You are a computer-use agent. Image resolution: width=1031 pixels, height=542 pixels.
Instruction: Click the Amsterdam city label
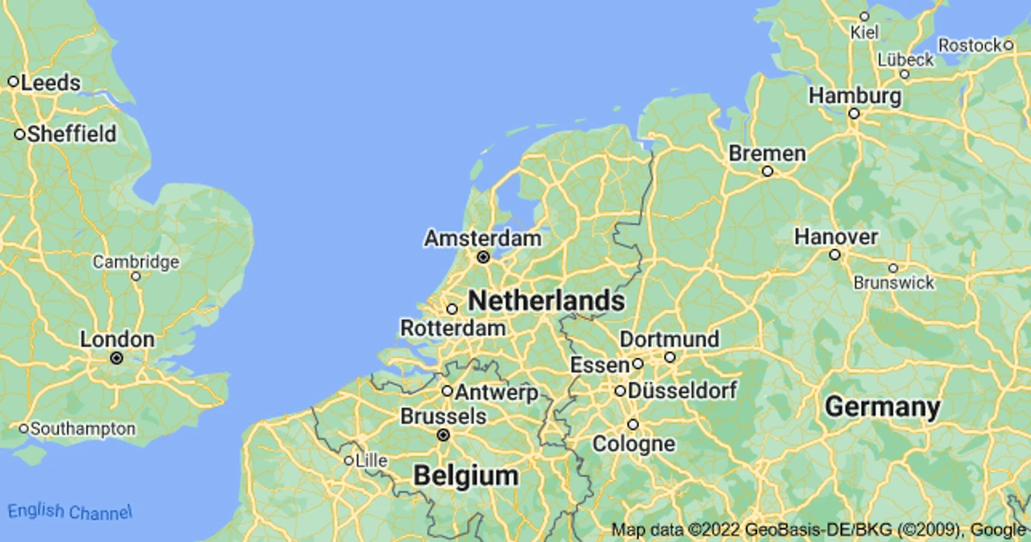point(483,238)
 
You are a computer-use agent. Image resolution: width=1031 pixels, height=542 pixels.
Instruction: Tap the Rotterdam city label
point(453,328)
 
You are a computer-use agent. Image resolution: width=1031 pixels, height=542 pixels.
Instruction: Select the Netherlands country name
point(546,300)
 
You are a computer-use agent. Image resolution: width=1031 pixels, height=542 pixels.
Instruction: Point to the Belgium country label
point(466,475)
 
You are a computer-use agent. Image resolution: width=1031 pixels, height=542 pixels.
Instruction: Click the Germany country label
point(882,407)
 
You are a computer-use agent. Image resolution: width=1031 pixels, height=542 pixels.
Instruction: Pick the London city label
point(117,339)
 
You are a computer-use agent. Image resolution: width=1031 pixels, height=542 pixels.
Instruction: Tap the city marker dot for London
point(117,358)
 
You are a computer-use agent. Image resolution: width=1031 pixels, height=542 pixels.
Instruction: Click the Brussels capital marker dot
point(443,435)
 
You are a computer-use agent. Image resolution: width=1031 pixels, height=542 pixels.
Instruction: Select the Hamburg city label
point(855,95)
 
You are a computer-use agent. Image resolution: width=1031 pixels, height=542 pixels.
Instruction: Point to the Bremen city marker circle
point(767,171)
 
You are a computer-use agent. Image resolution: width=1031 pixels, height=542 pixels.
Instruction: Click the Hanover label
point(835,236)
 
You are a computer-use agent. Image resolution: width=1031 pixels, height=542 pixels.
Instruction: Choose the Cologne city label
point(633,444)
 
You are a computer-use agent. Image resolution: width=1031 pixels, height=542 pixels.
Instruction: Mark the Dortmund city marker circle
point(669,357)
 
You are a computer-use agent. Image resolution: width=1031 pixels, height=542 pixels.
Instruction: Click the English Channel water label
point(70,511)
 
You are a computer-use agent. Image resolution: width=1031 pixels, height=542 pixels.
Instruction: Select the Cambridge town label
point(136,262)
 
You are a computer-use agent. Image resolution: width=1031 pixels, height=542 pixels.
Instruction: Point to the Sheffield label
point(71,134)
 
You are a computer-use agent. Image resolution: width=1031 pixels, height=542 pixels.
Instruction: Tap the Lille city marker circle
point(349,461)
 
